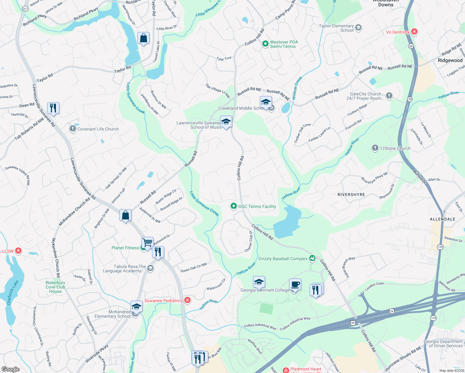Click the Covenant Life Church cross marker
[x=73, y=129]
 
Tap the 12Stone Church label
[x=395, y=148]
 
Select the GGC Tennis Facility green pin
[x=233, y=206]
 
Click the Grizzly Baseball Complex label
[x=283, y=259]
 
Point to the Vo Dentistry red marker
[x=414, y=31]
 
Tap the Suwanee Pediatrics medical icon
[x=187, y=300]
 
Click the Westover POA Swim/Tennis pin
[x=265, y=44]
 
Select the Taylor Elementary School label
[x=336, y=28]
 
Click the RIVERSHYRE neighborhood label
[x=351, y=195]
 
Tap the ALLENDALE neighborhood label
[x=442, y=219]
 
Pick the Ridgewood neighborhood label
[x=450, y=60]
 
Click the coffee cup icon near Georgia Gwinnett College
[x=295, y=284]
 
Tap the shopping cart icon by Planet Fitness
[x=147, y=242]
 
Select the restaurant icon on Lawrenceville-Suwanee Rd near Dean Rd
[x=53, y=108]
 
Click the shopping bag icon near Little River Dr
[x=143, y=38]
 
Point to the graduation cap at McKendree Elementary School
[x=136, y=306]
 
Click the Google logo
[x=10, y=369]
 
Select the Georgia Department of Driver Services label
[x=443, y=343]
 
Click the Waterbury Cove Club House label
[x=55, y=287]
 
